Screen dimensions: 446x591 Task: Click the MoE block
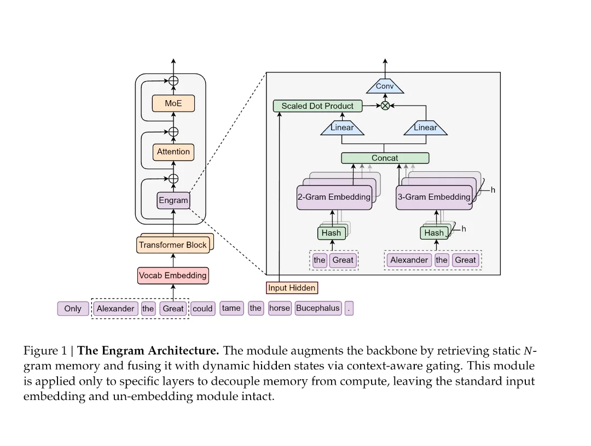pos(173,103)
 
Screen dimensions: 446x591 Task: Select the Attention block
pos(173,152)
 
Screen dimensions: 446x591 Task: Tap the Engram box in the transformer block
pos(173,200)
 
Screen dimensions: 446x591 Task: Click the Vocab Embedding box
pos(173,275)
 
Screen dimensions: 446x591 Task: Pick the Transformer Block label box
pos(173,245)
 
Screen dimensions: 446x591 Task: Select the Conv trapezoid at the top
pos(385,86)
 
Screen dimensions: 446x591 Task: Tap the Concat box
pos(385,158)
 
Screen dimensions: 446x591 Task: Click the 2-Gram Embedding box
pos(334,197)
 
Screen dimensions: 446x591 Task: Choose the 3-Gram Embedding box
pos(433,197)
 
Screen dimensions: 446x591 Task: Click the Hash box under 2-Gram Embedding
pos(331,233)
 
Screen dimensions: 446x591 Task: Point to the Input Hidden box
pos(292,287)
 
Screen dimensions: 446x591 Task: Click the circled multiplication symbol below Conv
pos(385,106)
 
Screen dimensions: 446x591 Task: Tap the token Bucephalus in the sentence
pos(317,308)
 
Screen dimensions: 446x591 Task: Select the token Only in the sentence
pos(72,309)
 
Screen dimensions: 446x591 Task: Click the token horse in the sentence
pos(279,308)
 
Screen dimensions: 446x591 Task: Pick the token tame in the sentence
pos(231,308)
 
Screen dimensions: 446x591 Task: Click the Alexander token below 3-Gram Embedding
pos(409,260)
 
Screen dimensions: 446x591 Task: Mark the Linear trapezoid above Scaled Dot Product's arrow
pos(342,128)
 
